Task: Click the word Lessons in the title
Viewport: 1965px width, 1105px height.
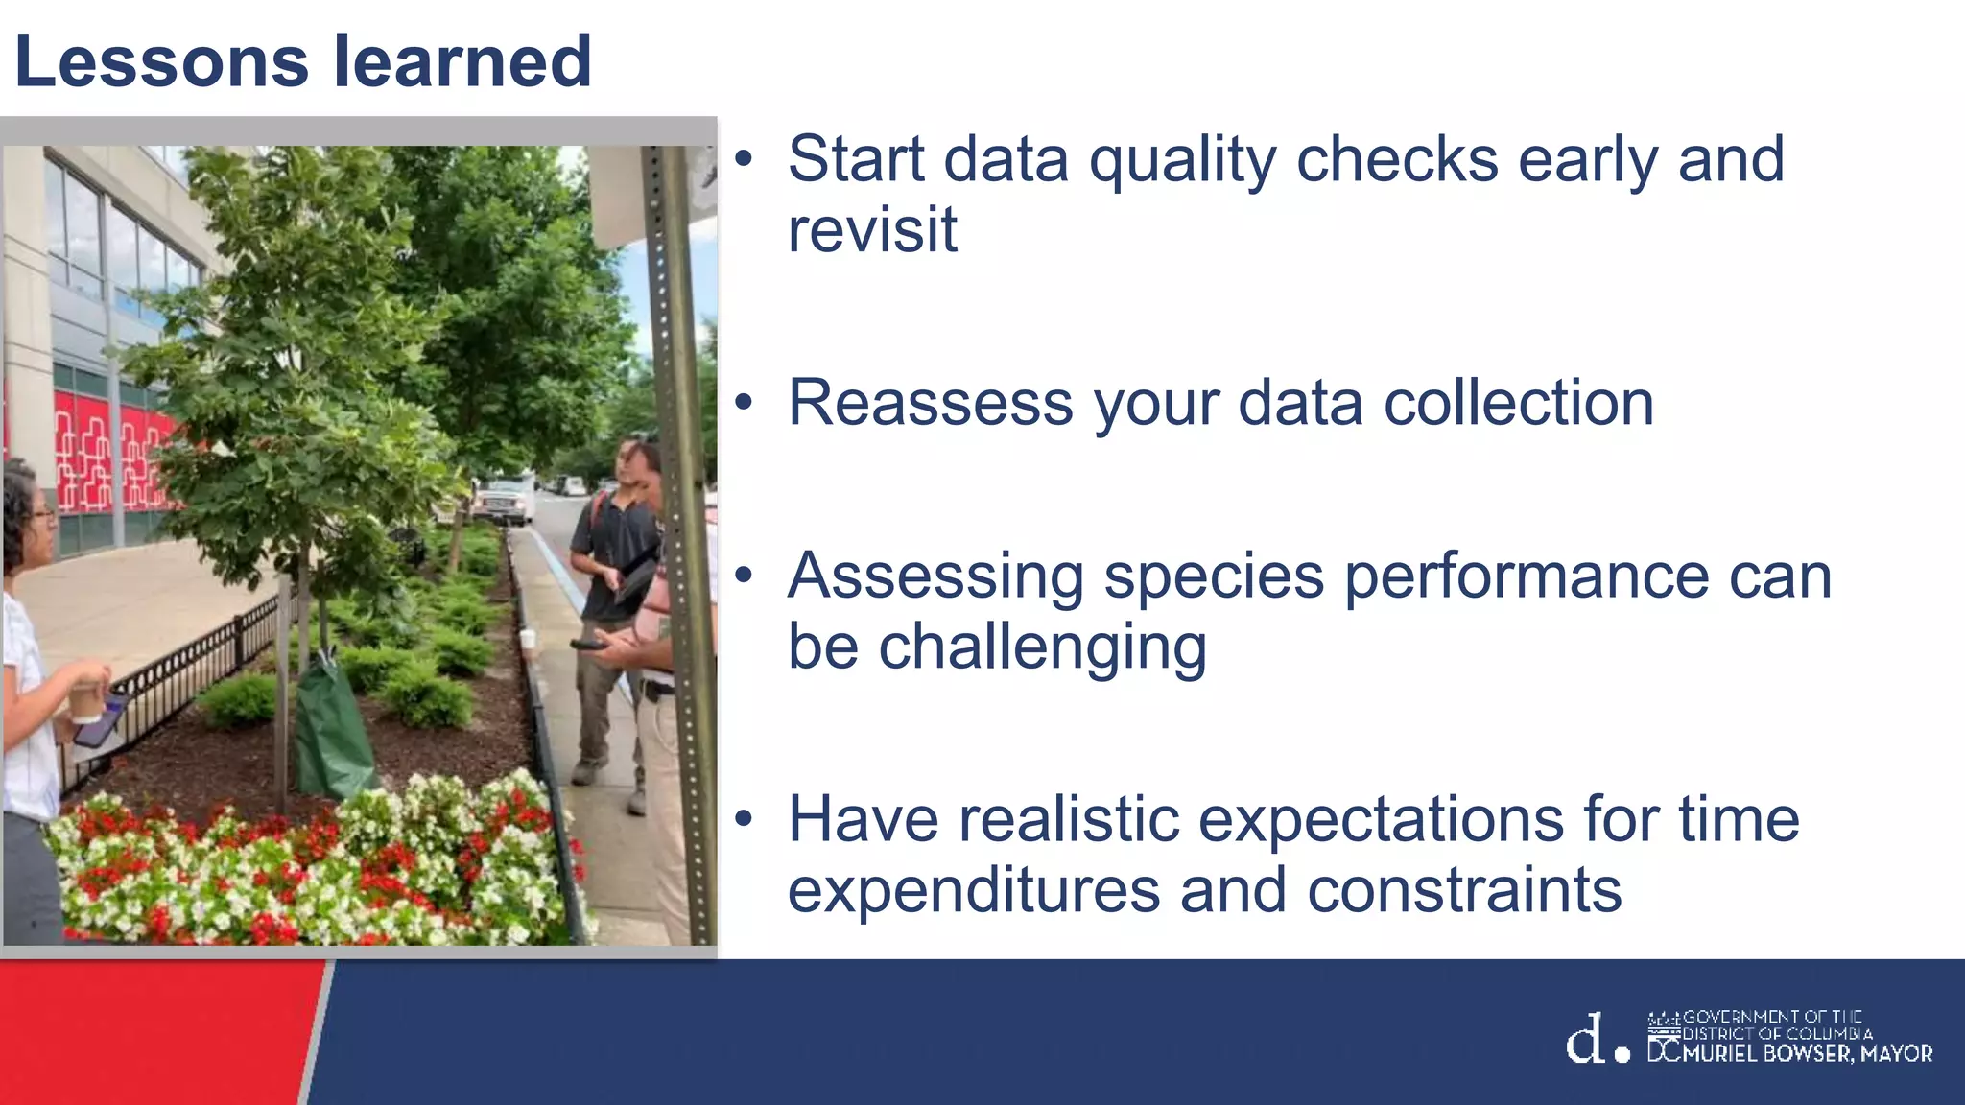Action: click(161, 61)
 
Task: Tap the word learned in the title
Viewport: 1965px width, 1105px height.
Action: click(462, 61)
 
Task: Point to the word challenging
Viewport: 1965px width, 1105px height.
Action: click(997, 647)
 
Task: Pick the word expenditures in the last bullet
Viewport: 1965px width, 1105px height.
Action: click(974, 890)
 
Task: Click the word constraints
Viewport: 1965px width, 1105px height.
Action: click(1464, 890)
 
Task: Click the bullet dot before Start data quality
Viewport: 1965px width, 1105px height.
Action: click(744, 161)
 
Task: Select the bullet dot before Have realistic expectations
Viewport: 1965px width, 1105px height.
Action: click(744, 821)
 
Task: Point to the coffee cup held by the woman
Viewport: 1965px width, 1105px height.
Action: click(86, 702)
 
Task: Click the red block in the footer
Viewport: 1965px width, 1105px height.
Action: click(154, 1031)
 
